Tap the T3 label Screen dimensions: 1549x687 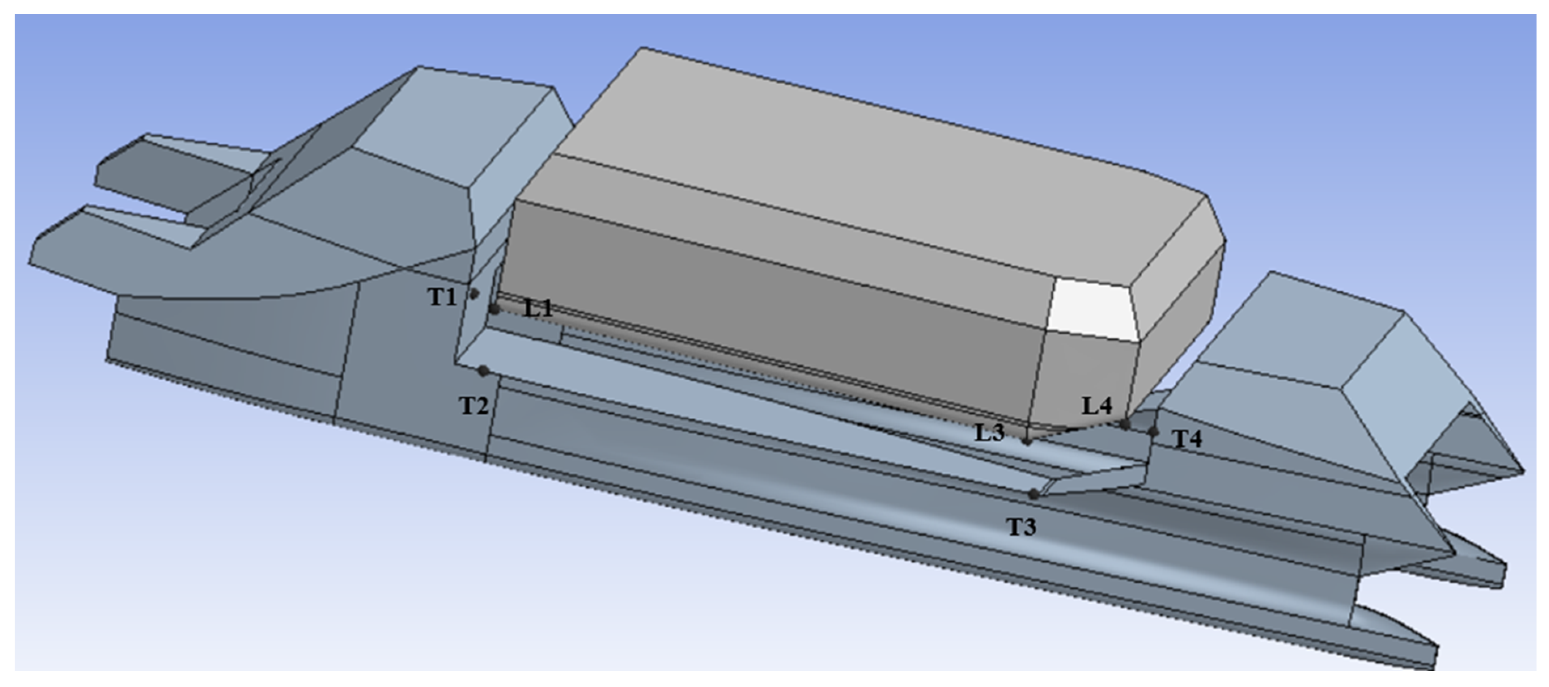click(x=1022, y=527)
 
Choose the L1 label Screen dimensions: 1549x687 click(x=538, y=309)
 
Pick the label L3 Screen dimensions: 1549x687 click(x=989, y=432)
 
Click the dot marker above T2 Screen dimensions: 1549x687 click(x=483, y=371)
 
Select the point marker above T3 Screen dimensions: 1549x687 click(x=1033, y=494)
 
